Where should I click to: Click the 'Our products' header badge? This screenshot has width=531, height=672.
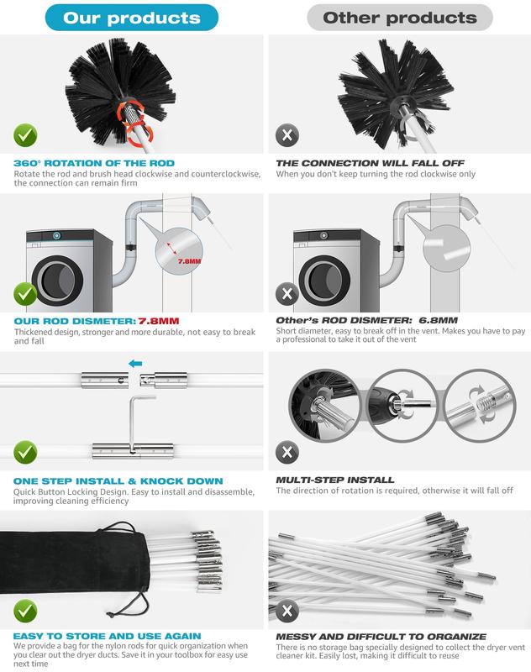click(132, 17)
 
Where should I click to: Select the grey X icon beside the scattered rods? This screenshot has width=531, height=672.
click(288, 611)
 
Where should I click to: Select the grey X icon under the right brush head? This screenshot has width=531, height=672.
click(288, 135)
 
